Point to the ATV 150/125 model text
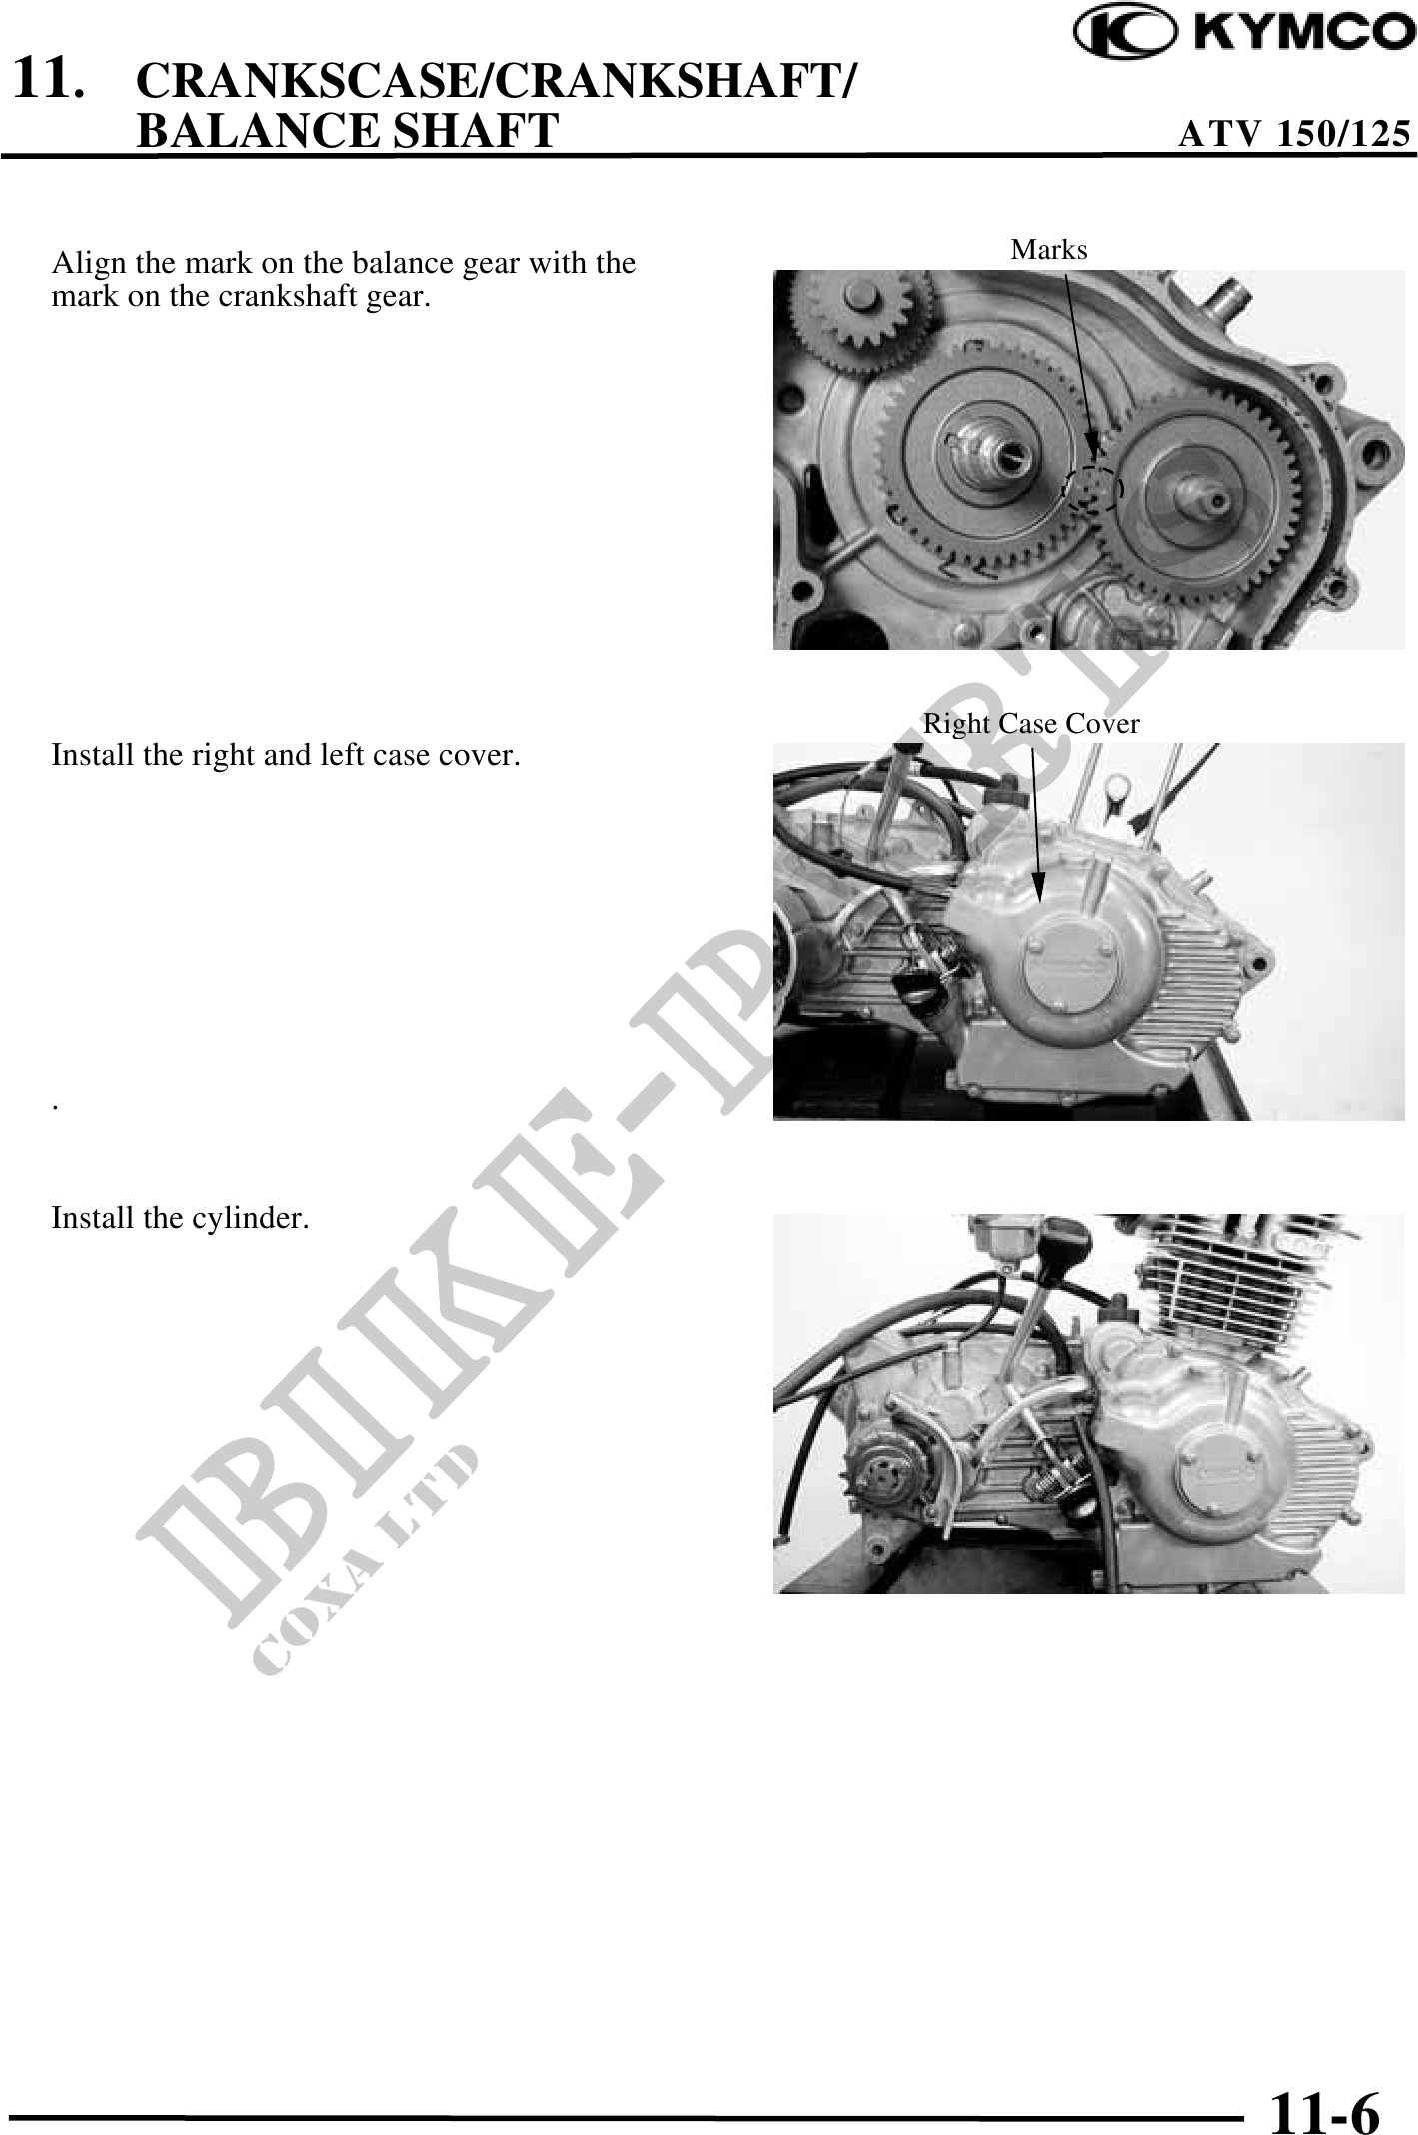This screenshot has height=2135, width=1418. point(1295,133)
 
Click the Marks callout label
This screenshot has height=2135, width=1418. point(1049,249)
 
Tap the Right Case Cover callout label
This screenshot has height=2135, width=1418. point(1031,723)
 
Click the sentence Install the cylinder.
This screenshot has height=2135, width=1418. point(180,1219)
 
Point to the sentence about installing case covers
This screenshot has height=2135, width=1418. point(286,755)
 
